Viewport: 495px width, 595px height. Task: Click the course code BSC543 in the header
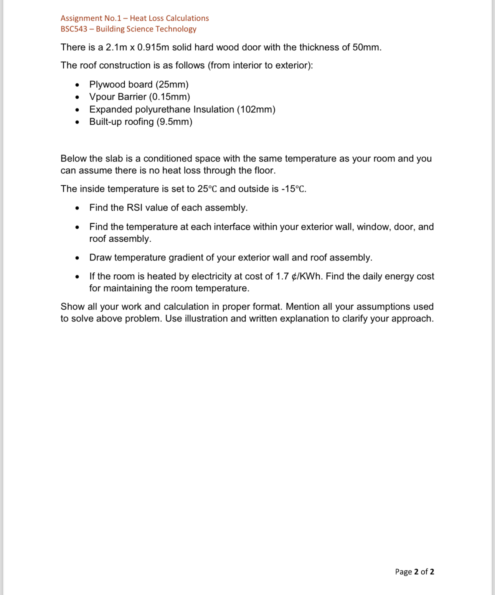[74, 29]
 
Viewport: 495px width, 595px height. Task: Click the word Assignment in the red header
[76, 18]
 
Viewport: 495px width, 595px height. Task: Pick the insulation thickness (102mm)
[256, 109]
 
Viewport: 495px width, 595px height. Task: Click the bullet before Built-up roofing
[78, 122]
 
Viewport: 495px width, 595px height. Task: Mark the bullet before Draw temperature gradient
[78, 258]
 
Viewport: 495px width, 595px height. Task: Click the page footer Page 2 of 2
[414, 572]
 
